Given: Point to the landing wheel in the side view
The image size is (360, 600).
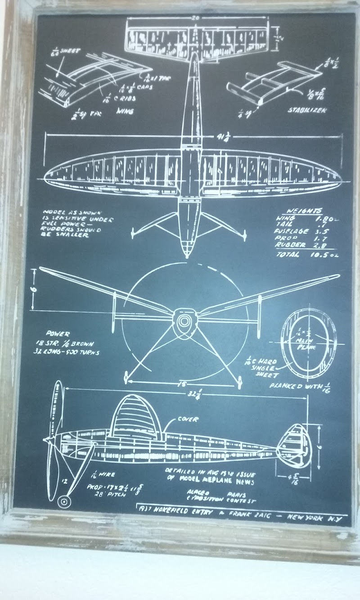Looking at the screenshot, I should (x=64, y=501).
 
